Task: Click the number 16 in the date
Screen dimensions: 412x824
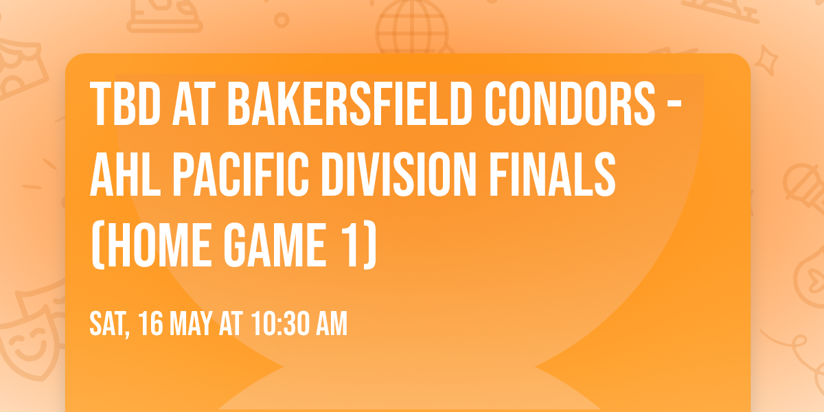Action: [152, 324]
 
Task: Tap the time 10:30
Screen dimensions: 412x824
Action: [279, 324]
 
